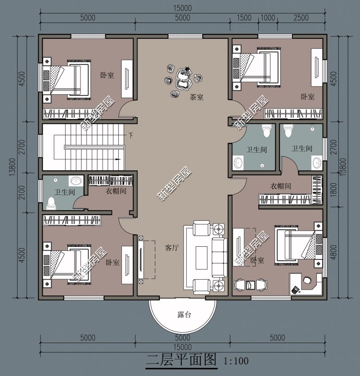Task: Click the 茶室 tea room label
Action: (197, 97)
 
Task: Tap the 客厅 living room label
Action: (172, 248)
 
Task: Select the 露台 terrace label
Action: (184, 314)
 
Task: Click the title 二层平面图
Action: (182, 360)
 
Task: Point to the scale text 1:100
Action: (236, 361)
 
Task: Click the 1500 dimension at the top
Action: (244, 18)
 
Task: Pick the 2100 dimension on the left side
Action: (22, 192)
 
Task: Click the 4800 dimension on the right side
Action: (333, 252)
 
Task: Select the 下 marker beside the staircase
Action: (130, 136)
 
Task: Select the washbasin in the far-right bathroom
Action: (317, 163)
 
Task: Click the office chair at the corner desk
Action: (307, 280)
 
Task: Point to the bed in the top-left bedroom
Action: (67, 80)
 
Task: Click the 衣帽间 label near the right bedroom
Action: (281, 186)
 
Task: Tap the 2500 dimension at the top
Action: (301, 18)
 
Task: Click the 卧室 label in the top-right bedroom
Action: (308, 97)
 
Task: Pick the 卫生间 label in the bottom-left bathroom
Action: (64, 192)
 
